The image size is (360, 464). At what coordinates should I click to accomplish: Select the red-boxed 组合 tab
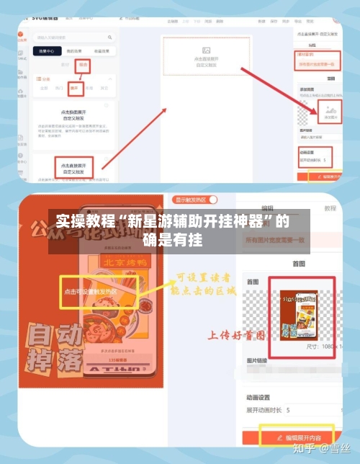(84, 65)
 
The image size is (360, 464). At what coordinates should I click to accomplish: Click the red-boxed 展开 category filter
(75, 89)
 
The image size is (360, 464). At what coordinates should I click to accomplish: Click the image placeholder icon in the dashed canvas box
(206, 50)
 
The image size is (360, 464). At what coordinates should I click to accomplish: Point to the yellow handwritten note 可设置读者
(203, 277)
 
